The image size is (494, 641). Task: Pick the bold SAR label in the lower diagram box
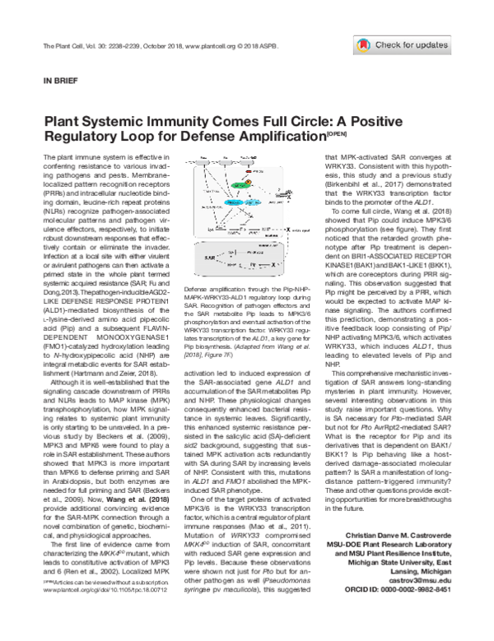coord(210,258)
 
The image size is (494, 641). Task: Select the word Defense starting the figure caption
coord(196,291)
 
